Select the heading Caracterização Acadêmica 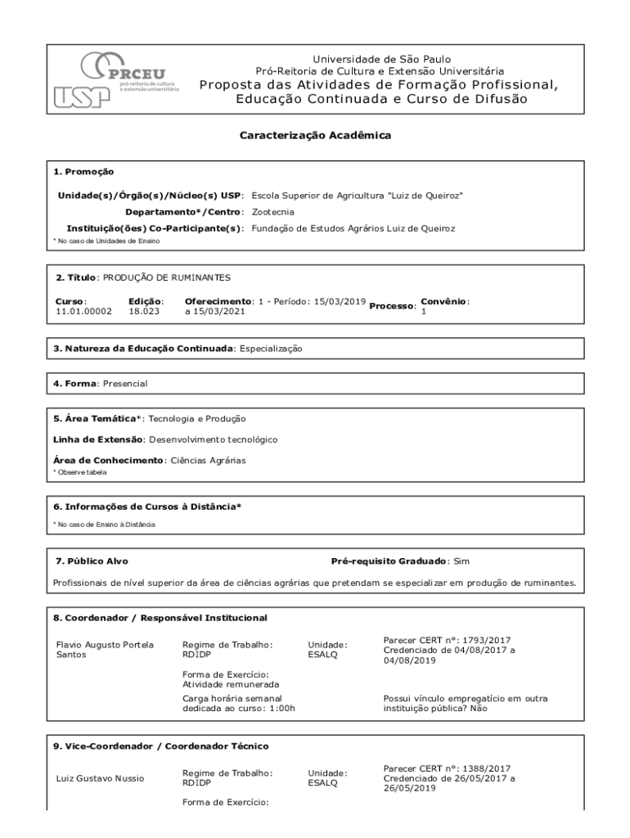(x=315, y=135)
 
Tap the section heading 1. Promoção (x=83, y=172)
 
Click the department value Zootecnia (x=273, y=212)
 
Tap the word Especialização (x=271, y=349)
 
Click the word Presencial (x=125, y=383)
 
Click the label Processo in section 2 (x=392, y=306)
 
